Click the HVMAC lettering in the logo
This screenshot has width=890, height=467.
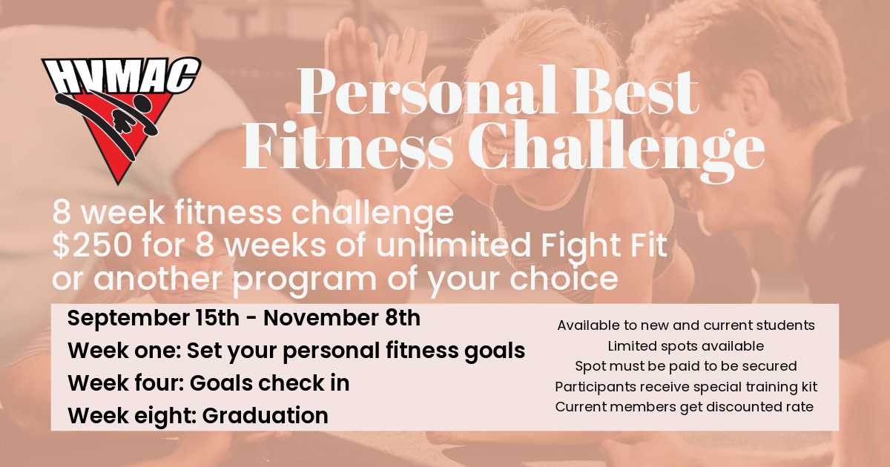(x=121, y=76)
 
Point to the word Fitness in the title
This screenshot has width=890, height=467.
(x=348, y=146)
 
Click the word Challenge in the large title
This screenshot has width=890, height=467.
(x=616, y=151)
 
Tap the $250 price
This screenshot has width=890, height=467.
(x=92, y=245)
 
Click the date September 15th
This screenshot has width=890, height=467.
(x=154, y=319)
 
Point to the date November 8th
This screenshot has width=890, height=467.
(x=342, y=318)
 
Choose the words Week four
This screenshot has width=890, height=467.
(x=125, y=383)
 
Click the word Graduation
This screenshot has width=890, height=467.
(x=266, y=416)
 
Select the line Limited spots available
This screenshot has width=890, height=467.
(x=686, y=346)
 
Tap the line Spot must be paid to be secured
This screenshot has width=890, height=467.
(x=686, y=366)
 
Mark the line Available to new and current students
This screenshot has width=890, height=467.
(x=686, y=325)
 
